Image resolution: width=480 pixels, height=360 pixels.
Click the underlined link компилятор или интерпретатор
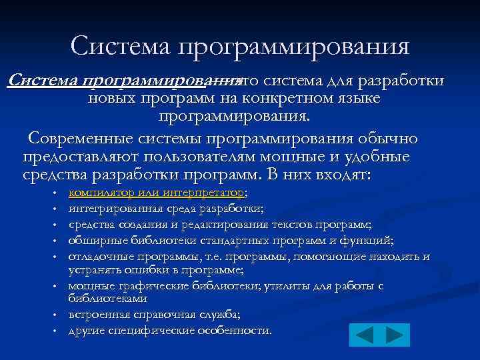157,193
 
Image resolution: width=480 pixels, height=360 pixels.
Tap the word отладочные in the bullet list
97,256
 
